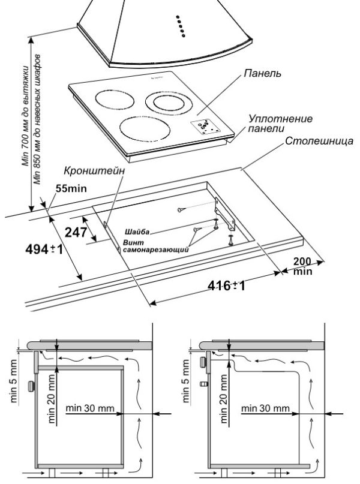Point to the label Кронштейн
pos(103,170)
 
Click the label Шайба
pos(137,231)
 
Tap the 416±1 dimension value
pos(227,285)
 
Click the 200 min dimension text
pos(303,266)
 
